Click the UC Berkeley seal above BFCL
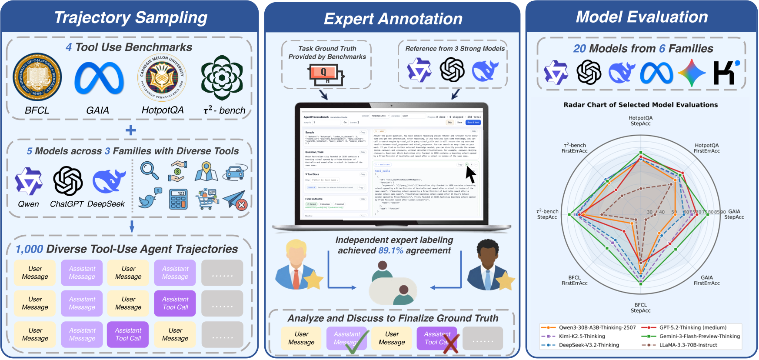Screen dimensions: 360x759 37,77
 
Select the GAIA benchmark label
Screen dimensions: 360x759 97,110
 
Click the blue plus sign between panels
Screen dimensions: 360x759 130,130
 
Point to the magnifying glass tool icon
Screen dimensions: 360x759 149,170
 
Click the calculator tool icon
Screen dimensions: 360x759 178,199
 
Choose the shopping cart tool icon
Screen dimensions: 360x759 207,199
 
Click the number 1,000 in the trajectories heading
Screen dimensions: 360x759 29,249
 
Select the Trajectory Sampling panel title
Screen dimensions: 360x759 130,18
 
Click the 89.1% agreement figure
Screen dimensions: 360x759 390,250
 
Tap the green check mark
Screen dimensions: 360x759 357,342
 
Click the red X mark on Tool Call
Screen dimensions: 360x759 450,343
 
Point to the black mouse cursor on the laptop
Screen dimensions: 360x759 470,174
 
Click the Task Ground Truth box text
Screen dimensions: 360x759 327,53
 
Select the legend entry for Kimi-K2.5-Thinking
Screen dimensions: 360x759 582,336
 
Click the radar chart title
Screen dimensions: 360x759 640,105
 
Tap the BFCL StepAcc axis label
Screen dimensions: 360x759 640,308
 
